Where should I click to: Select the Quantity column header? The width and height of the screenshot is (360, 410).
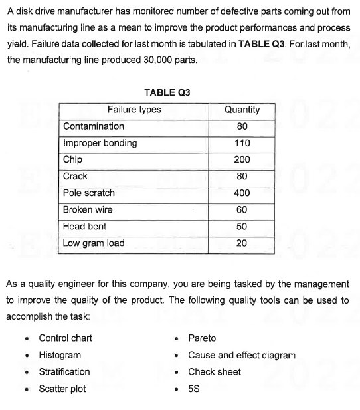pyautogui.click(x=242, y=109)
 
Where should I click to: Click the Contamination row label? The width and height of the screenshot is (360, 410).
pyautogui.click(x=93, y=126)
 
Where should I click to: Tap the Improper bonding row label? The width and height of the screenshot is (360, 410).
pyautogui.click(x=100, y=143)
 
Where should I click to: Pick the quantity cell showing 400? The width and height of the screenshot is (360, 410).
pyautogui.click(x=242, y=193)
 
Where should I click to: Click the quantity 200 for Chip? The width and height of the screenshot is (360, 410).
pyautogui.click(x=242, y=159)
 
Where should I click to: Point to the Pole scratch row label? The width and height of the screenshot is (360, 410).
pyautogui.click(x=88, y=193)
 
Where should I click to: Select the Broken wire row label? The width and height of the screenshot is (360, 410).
pyautogui.click(x=88, y=209)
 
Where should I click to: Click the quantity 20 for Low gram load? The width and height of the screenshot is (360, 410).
pyautogui.click(x=242, y=243)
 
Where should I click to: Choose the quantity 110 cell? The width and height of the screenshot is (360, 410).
pyautogui.click(x=242, y=143)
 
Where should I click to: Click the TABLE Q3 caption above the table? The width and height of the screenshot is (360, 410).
pyautogui.click(x=167, y=92)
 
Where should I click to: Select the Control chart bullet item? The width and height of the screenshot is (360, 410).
pyautogui.click(x=65, y=338)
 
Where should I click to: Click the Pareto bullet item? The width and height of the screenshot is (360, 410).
pyautogui.click(x=202, y=338)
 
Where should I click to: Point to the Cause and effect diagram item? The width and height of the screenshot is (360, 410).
pyautogui.click(x=242, y=355)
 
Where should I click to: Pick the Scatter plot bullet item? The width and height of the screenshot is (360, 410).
pyautogui.click(x=62, y=389)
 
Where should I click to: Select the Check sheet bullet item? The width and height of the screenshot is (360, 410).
pyautogui.click(x=215, y=371)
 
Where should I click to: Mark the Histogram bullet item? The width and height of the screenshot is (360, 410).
pyautogui.click(x=60, y=355)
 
